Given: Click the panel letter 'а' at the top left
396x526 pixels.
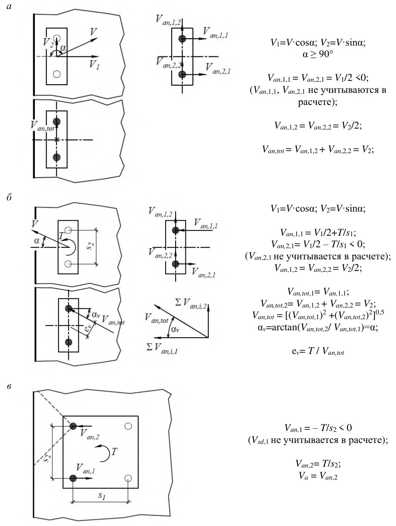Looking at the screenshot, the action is point(9,6).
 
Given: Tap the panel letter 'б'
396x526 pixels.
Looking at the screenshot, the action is point(9,197).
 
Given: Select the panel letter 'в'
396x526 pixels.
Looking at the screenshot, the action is point(9,386).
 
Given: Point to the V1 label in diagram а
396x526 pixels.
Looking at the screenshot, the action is point(94,65).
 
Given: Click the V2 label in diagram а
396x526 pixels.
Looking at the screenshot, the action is point(48,42).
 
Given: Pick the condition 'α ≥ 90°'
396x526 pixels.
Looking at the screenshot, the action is point(318,54).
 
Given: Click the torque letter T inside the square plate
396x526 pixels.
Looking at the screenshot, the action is point(114,452).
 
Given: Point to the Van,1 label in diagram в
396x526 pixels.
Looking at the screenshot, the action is point(86,468).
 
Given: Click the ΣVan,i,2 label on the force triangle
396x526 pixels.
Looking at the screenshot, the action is point(191,303).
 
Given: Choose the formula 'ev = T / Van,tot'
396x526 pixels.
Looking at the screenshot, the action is point(318,351).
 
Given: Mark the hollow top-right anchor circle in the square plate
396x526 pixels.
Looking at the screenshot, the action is point(128,426).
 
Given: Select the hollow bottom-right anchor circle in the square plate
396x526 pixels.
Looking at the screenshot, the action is point(128,478).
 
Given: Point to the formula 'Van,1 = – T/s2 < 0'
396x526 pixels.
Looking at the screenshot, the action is point(318,428).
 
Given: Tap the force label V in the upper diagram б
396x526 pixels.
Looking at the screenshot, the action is point(35,224).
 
